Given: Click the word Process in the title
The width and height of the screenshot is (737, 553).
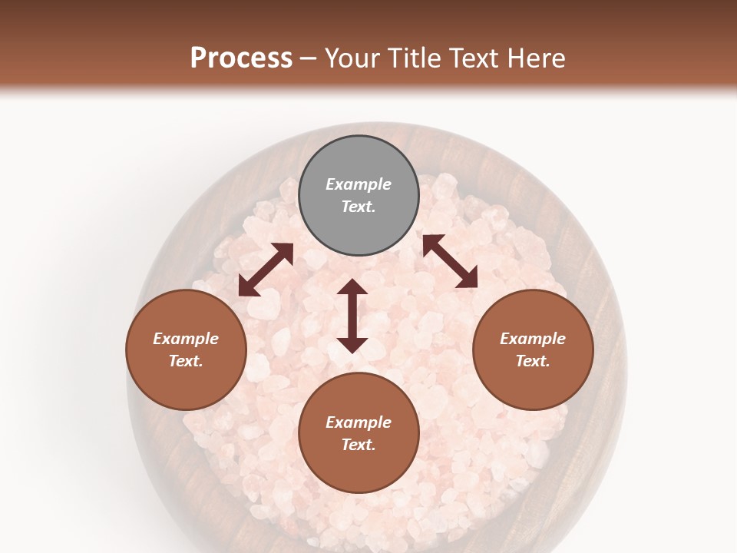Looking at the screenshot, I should [241, 58].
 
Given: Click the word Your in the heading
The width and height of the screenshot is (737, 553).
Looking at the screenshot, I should [350, 58].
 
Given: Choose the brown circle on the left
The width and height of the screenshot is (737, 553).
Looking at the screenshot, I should [186, 349].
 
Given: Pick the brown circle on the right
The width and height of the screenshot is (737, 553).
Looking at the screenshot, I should [533, 349].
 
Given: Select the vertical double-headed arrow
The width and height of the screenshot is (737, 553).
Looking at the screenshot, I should [352, 316].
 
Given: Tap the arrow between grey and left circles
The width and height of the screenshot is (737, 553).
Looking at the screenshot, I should [266, 270].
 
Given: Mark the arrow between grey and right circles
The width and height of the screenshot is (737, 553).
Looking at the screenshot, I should [451, 261].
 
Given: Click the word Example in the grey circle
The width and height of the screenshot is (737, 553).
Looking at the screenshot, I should [359, 184].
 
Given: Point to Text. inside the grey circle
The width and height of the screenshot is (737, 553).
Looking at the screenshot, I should [359, 207].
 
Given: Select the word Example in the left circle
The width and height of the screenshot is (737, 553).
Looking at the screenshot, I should [186, 339].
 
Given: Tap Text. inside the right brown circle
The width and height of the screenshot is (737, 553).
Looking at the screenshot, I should [533, 361].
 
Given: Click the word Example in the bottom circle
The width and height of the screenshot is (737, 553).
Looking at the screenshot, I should [359, 422].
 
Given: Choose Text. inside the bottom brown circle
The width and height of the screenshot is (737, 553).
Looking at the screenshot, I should [359, 445].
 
